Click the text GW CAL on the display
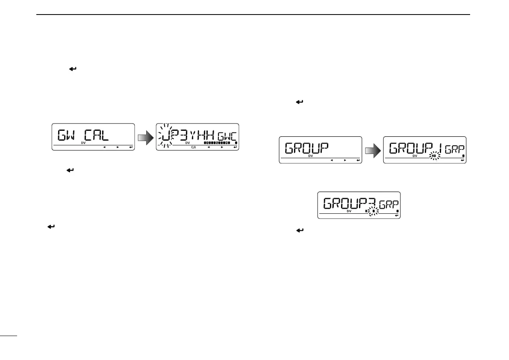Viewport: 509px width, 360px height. point(84,135)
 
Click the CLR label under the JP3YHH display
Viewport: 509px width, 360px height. point(194,148)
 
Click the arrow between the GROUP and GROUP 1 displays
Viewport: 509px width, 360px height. point(372,149)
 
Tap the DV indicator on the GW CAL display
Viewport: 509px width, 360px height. point(83,143)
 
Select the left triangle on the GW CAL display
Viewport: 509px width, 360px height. point(104,148)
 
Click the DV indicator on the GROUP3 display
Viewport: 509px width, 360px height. point(349,211)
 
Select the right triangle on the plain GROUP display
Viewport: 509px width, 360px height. point(344,160)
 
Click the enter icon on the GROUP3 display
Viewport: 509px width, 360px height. point(397,215)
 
